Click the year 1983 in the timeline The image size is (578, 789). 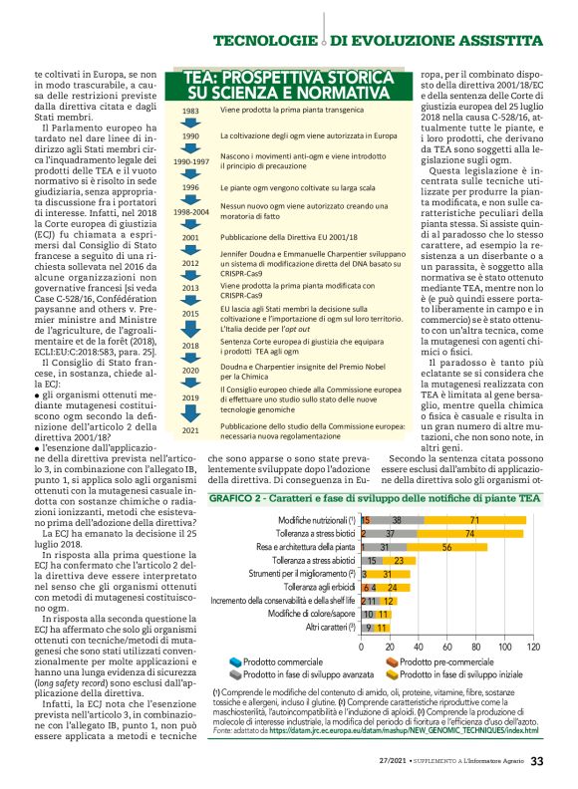click(190, 111)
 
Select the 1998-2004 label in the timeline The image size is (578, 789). click(190, 212)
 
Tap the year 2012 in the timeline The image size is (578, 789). click(190, 263)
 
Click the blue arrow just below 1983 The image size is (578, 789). click(190, 123)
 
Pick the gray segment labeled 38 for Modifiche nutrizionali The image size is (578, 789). click(398, 520)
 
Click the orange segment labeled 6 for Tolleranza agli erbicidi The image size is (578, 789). click(365, 588)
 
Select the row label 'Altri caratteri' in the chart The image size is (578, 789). click(331, 628)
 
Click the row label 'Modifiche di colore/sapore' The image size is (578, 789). click(310, 615)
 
